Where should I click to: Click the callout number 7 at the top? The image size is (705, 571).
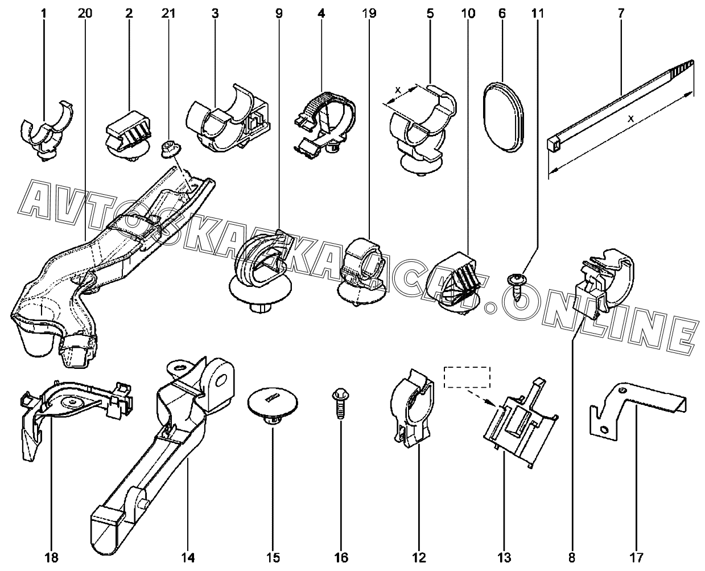coord(620,11)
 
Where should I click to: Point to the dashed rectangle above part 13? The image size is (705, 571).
coord(467,377)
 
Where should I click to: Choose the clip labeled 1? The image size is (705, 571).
coord(44,131)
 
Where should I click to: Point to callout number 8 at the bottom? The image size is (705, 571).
coord(572,556)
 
